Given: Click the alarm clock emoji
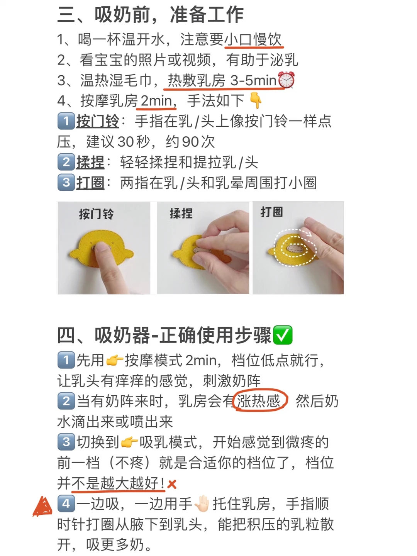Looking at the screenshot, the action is click(286, 80).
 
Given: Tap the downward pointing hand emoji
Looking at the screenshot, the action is click(256, 100).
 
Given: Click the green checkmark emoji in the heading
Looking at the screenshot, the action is click(283, 335).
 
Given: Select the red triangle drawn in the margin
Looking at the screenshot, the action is click(42, 506).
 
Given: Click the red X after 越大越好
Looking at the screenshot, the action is click(172, 484).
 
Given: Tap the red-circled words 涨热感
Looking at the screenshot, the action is click(259, 401).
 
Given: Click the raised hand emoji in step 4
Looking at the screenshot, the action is click(202, 504).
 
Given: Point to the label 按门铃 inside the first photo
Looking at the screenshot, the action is click(97, 214).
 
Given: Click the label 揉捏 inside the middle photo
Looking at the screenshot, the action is click(181, 213).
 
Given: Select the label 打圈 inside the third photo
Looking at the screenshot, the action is click(272, 212).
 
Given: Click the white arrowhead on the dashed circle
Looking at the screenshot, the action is click(309, 234).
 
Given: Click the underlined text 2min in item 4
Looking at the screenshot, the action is click(156, 101).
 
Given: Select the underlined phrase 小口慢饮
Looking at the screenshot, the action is click(253, 39).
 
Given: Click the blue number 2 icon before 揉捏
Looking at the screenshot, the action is click(66, 162).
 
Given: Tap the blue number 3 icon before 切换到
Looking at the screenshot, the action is click(66, 442).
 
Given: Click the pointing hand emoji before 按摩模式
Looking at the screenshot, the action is click(114, 360).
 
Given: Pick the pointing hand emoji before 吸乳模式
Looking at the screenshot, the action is click(129, 442).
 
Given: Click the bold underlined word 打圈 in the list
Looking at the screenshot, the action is click(90, 182).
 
